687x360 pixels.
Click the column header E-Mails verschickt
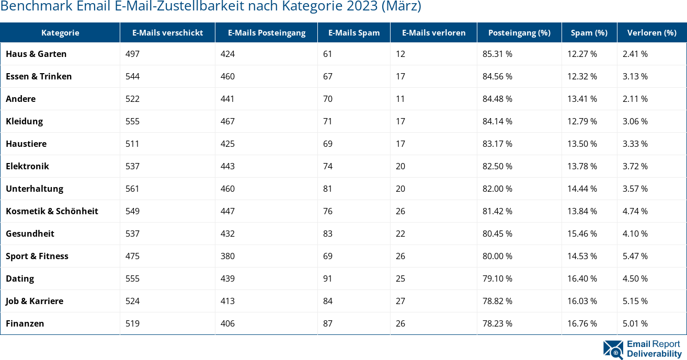(167, 32)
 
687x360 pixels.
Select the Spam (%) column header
(589, 32)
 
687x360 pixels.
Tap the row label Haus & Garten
(36, 54)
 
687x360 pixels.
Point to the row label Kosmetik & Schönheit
(52, 211)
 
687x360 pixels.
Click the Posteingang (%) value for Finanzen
(497, 323)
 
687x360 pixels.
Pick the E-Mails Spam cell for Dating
(328, 278)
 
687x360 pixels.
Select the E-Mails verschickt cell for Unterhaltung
(133, 189)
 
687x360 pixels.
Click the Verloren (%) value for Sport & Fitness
(635, 256)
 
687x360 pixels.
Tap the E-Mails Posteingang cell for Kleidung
(227, 121)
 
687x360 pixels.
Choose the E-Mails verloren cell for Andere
(400, 99)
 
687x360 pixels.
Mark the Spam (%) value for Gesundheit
(582, 234)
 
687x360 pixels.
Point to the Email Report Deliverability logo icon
(613, 350)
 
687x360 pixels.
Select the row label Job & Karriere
(35, 301)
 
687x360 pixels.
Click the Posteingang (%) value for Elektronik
(497, 166)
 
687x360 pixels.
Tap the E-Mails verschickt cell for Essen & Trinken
(133, 76)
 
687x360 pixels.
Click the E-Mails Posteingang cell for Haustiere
(227, 144)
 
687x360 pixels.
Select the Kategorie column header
(60, 32)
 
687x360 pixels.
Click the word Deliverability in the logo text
(654, 354)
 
